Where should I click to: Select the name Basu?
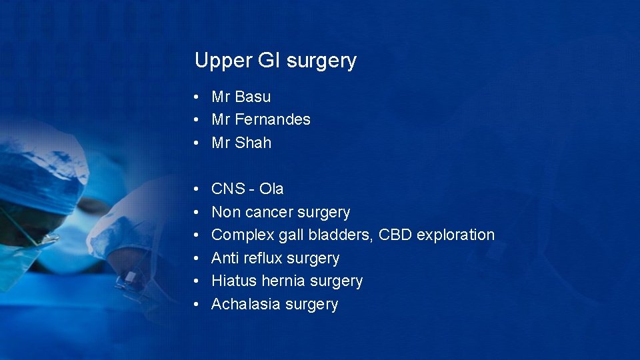click(253, 97)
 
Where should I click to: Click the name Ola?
click(271, 189)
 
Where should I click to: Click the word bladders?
click(341, 235)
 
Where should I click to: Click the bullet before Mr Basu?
click(198, 97)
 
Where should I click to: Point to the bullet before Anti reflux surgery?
click(198, 259)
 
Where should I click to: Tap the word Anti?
click(225, 258)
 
